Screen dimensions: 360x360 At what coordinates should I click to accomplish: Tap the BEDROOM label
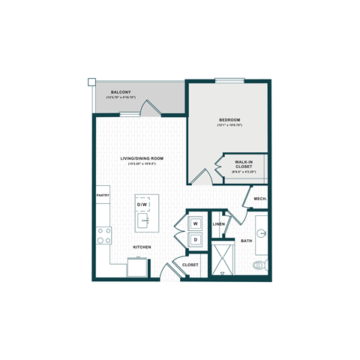pos(229,120)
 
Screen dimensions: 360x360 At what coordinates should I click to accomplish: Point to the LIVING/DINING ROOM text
pos(142,159)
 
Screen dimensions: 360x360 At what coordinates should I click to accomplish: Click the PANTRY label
pos(103,196)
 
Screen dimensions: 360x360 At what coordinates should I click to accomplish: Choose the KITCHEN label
pos(143,247)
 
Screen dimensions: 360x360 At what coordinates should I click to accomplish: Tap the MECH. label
pos(259,199)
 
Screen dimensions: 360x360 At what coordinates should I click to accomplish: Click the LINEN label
pos(219,224)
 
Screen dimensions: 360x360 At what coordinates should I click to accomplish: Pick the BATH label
pos(247,241)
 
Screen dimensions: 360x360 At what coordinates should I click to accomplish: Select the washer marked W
pos(195,223)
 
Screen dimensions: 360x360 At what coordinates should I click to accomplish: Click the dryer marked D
pos(195,240)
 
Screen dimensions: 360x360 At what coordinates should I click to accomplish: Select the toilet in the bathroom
pos(260,265)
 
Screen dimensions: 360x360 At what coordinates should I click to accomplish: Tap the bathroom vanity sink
pos(262,232)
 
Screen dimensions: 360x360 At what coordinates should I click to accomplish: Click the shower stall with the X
pos(223,259)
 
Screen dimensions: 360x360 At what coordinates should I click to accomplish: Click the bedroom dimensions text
pos(229,126)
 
